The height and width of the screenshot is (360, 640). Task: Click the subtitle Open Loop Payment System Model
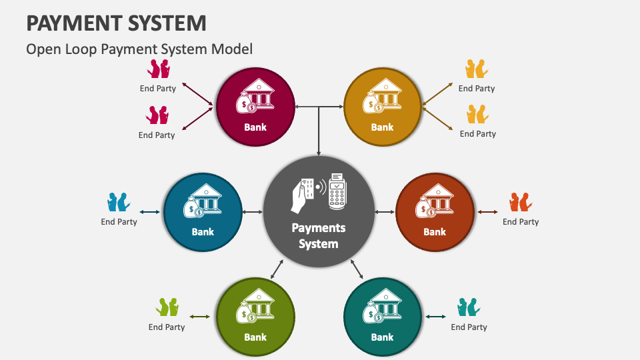139,49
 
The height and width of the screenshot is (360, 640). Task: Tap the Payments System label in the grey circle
318,235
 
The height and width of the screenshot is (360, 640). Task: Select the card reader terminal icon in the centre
337,189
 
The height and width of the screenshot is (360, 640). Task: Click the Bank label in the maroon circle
255,127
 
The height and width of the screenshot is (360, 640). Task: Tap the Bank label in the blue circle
203,232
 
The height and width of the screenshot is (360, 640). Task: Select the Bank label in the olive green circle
255,337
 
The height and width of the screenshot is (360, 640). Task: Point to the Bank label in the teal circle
382,337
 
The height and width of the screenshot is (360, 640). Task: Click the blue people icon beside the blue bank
119,201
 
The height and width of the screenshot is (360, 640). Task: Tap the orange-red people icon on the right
520,201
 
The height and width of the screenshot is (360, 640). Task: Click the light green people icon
167,307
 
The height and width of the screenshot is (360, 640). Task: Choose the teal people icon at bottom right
469,307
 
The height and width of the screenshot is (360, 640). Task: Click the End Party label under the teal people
469,327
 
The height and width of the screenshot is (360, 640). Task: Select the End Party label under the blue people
119,222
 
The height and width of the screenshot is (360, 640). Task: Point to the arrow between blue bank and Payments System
253,212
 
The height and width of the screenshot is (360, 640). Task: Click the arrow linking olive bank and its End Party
200,317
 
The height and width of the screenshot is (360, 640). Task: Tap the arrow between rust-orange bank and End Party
488,212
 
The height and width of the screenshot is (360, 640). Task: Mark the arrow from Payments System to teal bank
357,269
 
